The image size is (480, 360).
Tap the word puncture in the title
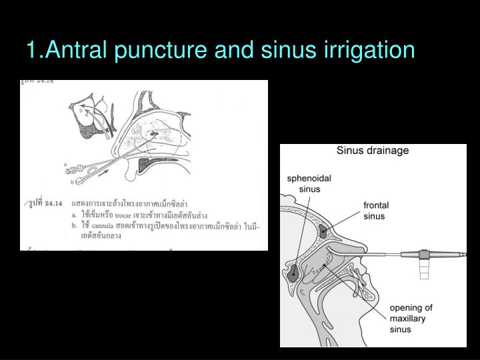160,50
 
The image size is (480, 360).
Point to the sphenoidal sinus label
309,183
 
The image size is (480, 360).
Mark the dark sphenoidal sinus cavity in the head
294,271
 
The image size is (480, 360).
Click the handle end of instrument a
71,170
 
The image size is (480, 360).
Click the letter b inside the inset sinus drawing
81,109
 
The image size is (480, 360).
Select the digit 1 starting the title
32,50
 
